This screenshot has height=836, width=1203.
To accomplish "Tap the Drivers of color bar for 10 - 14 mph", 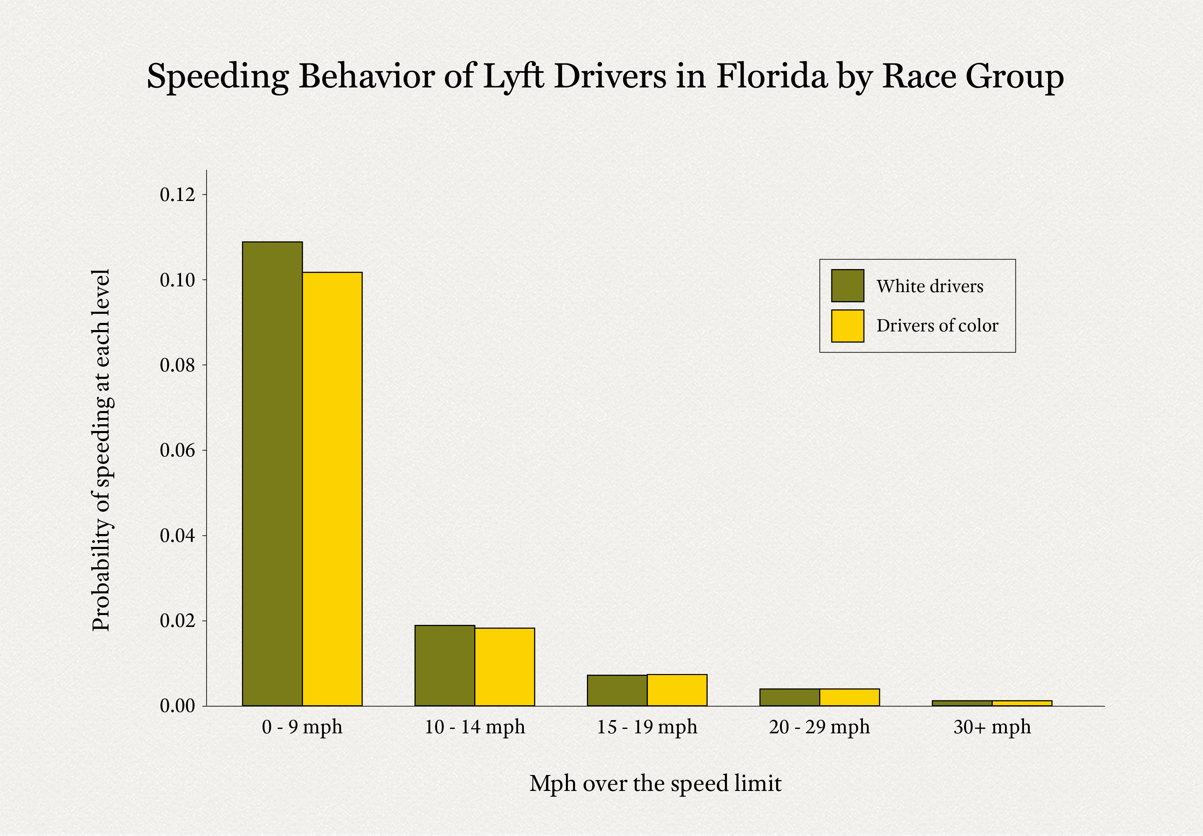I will [x=505, y=667].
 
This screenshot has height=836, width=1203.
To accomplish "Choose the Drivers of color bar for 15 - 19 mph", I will [x=677, y=690].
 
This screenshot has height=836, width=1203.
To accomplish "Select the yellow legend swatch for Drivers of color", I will [x=847, y=326].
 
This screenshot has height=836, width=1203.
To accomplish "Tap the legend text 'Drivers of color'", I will [x=938, y=326].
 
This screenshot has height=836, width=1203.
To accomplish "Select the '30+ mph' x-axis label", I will [x=992, y=727].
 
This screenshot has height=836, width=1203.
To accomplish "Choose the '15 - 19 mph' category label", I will [x=647, y=727].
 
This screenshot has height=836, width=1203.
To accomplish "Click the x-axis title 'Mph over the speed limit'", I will [x=655, y=783].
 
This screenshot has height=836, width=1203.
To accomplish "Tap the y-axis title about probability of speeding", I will [x=101, y=450].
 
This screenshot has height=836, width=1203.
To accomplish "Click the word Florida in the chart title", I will [x=771, y=77].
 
